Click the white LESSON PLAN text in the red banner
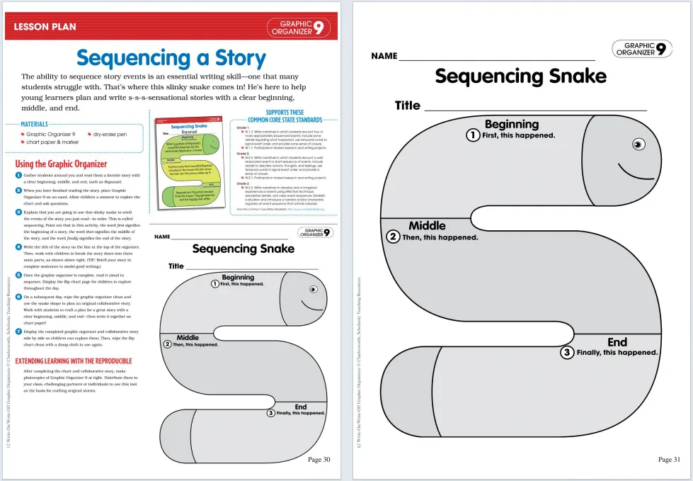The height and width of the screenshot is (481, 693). [45, 27]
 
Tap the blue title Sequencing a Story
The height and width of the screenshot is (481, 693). [171, 58]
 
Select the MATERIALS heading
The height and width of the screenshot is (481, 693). [34, 124]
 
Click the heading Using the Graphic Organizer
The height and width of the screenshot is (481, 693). [61, 164]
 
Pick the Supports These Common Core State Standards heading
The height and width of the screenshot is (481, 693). [285, 116]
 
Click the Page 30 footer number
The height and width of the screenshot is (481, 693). [319, 460]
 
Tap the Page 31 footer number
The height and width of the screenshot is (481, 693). [669, 460]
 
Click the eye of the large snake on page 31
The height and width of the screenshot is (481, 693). [638, 145]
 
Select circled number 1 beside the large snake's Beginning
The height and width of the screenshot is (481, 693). [472, 135]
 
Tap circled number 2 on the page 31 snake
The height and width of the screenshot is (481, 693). [394, 237]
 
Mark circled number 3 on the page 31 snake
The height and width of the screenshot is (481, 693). [567, 352]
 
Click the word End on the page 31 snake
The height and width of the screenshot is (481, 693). [617, 342]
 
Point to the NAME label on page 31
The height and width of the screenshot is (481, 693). [384, 56]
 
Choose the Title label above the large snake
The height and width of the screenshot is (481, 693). [407, 106]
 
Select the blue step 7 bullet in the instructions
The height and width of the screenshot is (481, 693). [18, 332]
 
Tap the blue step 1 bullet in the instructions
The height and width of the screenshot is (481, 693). [18, 175]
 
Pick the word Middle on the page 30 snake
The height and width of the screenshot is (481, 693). [188, 337]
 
